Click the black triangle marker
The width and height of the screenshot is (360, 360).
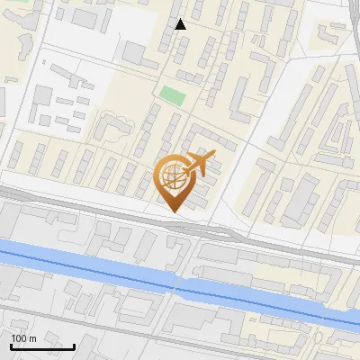(x=181, y=24)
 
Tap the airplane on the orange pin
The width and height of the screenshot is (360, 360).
(x=200, y=165)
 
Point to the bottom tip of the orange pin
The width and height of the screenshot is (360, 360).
(x=174, y=212)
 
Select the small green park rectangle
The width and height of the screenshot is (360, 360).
(x=171, y=93)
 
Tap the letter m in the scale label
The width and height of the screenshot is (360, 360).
(x=33, y=338)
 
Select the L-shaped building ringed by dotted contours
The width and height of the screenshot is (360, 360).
(x=112, y=129)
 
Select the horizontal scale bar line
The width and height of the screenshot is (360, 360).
(x=42, y=346)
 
